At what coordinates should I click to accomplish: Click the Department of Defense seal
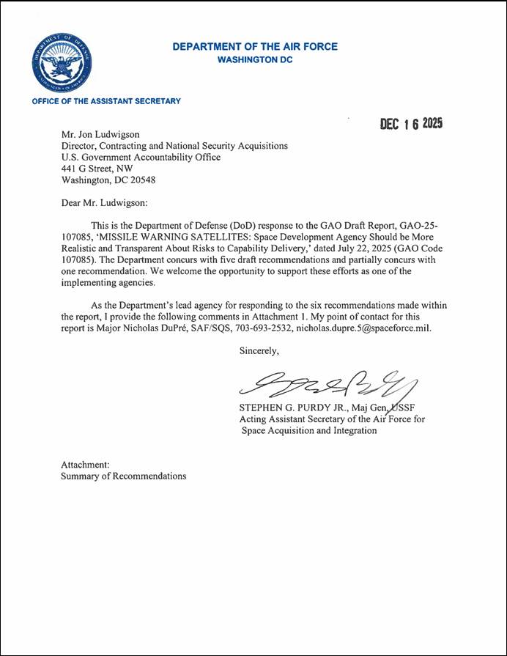tap(61, 62)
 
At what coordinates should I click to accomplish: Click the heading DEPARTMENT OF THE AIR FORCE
tap(255, 47)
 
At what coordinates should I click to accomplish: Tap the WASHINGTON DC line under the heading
tap(255, 60)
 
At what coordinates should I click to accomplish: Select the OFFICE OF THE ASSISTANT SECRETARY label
tap(106, 100)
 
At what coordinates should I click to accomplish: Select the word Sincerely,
tap(259, 350)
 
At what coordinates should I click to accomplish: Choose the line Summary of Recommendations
tap(123, 476)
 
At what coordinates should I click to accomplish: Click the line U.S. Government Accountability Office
tap(141, 157)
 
